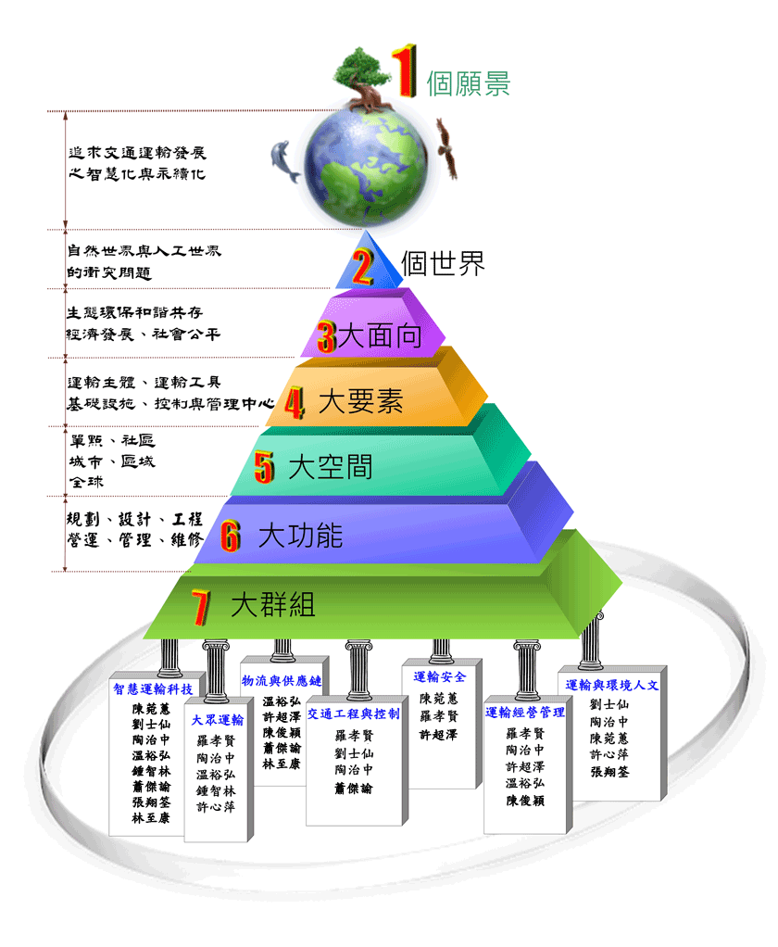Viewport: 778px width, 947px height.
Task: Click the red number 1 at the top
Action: click(403, 68)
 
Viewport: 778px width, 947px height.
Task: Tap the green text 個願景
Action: click(468, 84)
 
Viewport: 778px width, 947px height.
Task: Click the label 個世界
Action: click(443, 263)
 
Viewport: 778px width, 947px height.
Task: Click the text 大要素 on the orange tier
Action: click(359, 401)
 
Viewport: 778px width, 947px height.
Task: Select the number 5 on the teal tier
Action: click(265, 467)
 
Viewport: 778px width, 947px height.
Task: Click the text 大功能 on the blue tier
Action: click(300, 535)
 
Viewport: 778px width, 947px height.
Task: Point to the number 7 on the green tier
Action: click(199, 607)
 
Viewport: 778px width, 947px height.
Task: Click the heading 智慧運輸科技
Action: click(153, 688)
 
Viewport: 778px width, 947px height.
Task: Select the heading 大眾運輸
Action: click(218, 719)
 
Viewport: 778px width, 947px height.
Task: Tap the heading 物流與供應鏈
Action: click(282, 680)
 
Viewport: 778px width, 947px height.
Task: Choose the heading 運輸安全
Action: click(439, 676)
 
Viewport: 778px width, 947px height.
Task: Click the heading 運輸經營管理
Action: click(525, 713)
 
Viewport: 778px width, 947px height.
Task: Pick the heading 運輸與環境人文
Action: click(611, 685)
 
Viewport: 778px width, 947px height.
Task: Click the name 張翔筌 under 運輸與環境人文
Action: click(609, 771)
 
